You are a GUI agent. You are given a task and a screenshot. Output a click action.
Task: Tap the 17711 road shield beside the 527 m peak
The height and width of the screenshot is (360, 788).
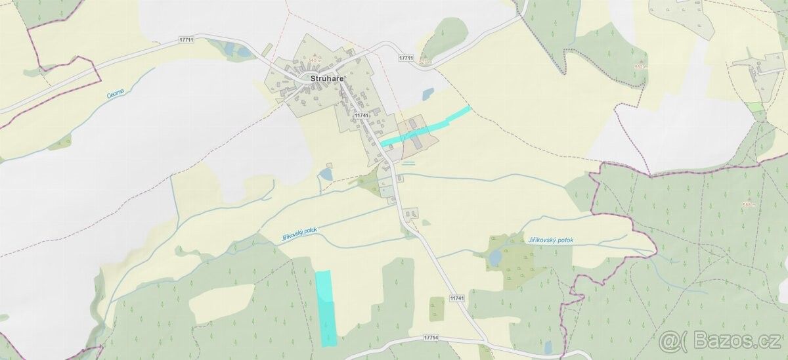tap(406, 58)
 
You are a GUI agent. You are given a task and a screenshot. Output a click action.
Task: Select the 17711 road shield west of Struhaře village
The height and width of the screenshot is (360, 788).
tap(186, 41)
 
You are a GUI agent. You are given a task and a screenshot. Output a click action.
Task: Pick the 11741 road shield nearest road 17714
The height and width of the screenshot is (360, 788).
tap(458, 298)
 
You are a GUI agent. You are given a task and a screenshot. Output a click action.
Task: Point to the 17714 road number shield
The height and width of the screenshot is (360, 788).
tap(431, 338)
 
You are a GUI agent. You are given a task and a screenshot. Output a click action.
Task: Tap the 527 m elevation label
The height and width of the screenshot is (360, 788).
tap(427, 62)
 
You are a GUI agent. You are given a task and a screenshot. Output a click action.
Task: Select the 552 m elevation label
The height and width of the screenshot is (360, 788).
tap(641, 66)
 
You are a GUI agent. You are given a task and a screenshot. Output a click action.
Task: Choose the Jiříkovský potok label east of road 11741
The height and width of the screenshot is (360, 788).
tap(550, 240)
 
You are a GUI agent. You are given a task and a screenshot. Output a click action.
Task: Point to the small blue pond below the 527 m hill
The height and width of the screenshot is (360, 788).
tap(428, 94)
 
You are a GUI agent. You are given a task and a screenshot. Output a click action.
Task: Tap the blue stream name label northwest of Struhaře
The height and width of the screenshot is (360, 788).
tap(115, 95)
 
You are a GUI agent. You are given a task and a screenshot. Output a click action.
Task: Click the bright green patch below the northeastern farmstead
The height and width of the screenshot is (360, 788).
tap(755, 106)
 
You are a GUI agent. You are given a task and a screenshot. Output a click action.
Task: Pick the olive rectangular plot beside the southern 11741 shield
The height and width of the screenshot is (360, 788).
tap(437, 308)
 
